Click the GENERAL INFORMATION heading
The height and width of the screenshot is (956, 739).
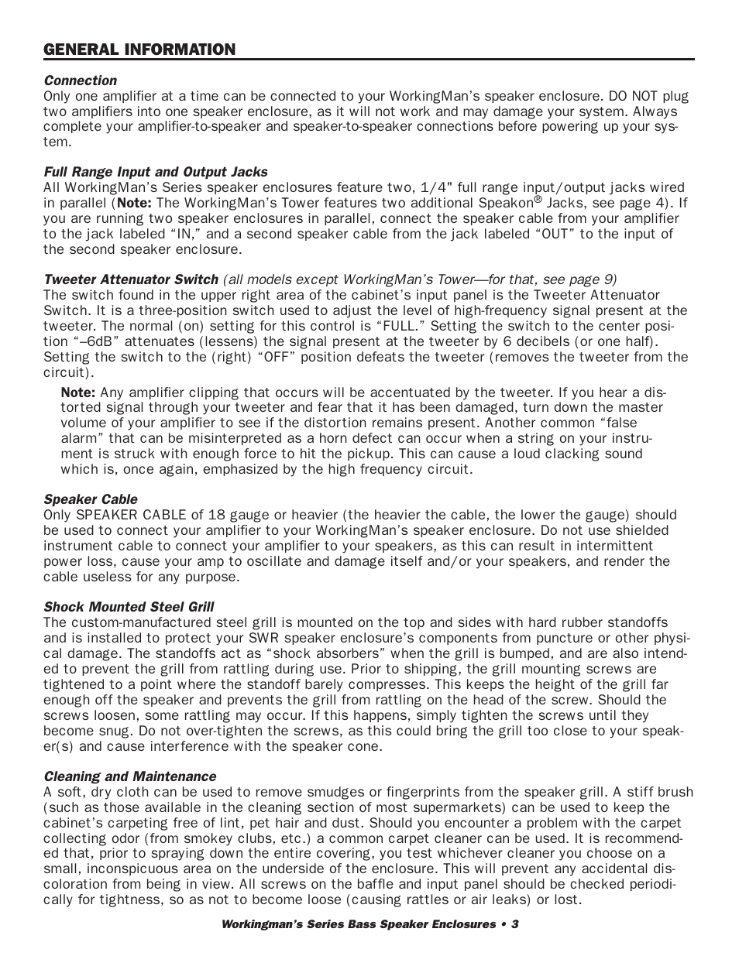tap(139, 50)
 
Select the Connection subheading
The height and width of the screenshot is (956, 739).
tap(80, 81)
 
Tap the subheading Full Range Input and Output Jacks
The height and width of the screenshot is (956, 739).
tap(155, 172)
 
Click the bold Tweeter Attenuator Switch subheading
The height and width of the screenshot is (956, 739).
tap(130, 279)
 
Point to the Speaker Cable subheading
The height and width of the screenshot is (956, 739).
tap(90, 499)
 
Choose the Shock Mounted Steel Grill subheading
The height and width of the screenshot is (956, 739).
tap(129, 607)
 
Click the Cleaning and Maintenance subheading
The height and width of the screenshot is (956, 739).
tap(129, 776)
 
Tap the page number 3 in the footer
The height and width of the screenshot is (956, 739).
tap(514, 924)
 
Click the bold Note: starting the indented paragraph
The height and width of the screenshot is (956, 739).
tap(78, 392)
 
